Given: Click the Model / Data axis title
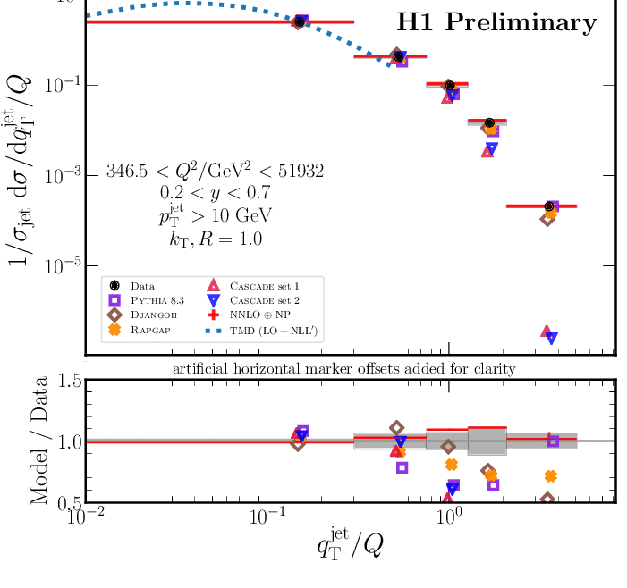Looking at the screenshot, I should tap(40, 442).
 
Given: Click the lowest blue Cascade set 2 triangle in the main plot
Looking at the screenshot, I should tap(552, 338).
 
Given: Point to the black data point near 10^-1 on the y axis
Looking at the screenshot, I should tap(450, 86).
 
